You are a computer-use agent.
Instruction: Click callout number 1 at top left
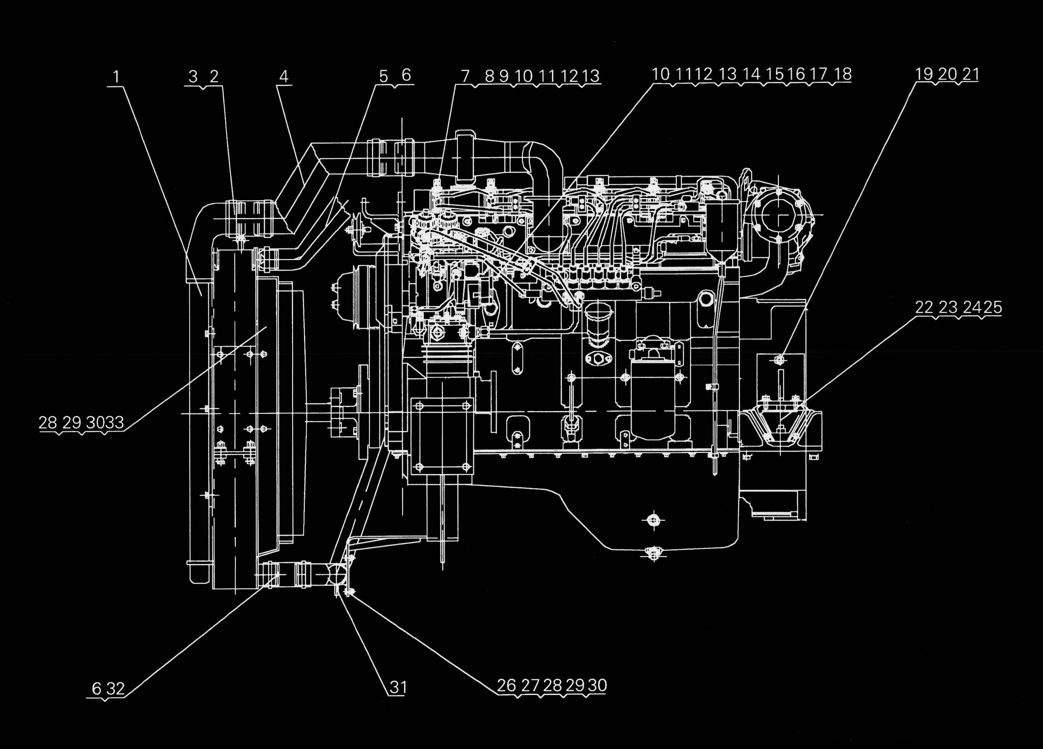(116, 77)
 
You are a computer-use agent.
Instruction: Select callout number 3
(193, 77)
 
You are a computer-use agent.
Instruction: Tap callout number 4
(284, 77)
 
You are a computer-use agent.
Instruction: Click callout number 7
(465, 77)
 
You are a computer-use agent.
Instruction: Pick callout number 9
(504, 77)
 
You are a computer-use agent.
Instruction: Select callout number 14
(752, 75)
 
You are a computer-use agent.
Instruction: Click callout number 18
(843, 75)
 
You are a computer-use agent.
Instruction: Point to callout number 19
(924, 75)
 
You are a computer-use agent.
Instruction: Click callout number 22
(924, 308)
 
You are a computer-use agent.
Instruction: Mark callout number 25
(993, 308)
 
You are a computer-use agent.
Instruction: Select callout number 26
(506, 699)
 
